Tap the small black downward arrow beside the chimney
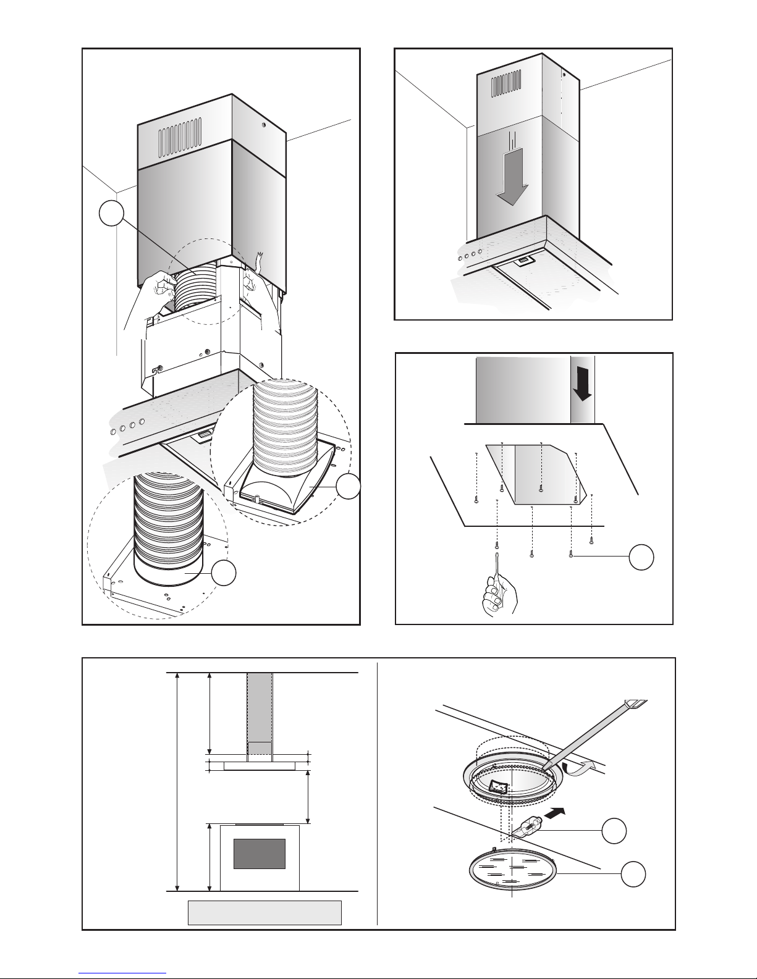click(581, 387)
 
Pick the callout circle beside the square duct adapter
click(349, 487)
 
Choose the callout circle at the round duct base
click(224, 574)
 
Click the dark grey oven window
click(260, 853)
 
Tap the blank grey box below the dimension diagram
click(264, 912)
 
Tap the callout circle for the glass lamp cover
click(634, 875)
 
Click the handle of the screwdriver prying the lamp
click(636, 704)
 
